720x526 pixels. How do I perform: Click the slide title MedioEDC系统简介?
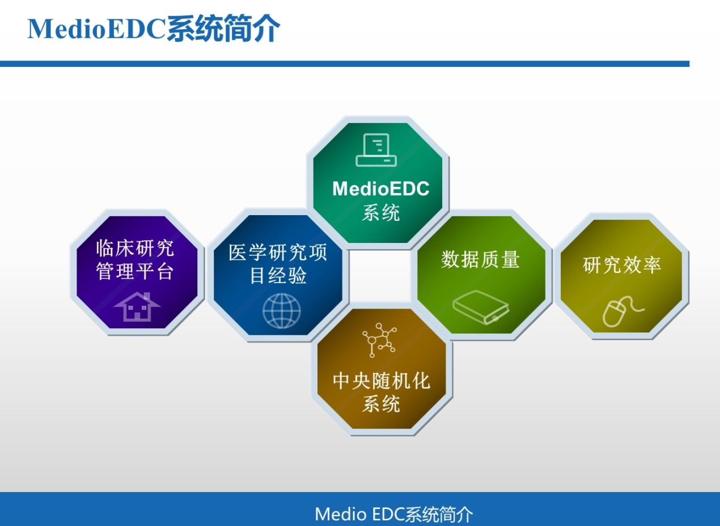click(x=154, y=29)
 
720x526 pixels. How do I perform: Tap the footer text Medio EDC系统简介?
click(x=393, y=514)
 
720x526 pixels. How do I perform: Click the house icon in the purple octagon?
click(x=137, y=306)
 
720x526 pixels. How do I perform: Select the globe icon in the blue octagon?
click(x=282, y=311)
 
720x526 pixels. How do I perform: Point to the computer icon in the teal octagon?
click(x=376, y=150)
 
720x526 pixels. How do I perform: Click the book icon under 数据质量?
click(x=481, y=307)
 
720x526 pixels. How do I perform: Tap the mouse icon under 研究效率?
click(x=623, y=311)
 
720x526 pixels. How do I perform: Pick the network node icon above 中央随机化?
click(x=380, y=340)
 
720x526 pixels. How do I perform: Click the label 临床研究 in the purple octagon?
click(x=135, y=248)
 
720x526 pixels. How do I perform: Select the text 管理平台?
click(x=135, y=271)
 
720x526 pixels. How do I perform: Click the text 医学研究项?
click(x=278, y=253)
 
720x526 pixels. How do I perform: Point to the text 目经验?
click(x=278, y=275)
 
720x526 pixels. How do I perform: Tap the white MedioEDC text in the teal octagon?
click(x=381, y=189)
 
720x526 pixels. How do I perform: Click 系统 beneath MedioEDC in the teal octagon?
click(x=381, y=212)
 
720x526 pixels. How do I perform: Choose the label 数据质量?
click(x=481, y=259)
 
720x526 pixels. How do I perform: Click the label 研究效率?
click(x=622, y=265)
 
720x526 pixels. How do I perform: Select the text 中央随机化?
click(x=382, y=381)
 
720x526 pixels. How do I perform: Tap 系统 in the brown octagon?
click(x=382, y=404)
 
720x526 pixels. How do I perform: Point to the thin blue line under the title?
click(x=345, y=64)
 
